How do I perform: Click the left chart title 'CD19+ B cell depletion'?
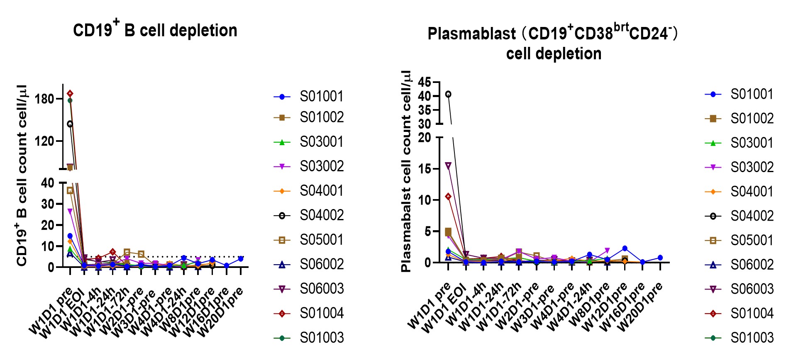coord(155,30)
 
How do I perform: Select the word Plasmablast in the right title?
coord(471,34)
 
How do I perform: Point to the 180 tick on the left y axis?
coord(45,99)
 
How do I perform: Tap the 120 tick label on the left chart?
coord(45,141)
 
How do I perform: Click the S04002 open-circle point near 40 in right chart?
coord(448,95)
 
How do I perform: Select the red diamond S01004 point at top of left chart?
coord(70,94)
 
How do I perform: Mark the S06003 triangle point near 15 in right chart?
coord(448,166)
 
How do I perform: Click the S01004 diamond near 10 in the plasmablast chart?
coord(448,197)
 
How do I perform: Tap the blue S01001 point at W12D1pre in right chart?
coord(625,248)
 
